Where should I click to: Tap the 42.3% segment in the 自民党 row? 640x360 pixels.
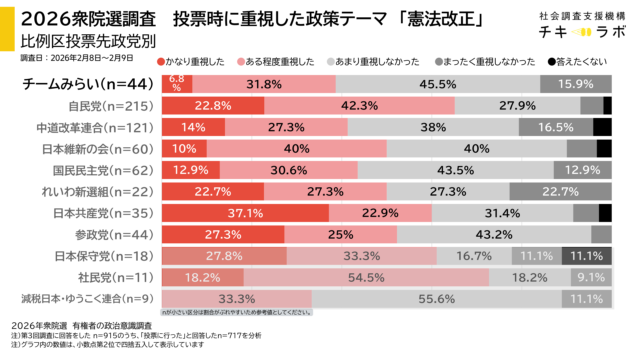click(x=358, y=105)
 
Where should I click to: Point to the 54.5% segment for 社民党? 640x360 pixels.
click(x=366, y=277)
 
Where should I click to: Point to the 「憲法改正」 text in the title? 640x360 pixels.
click(x=439, y=19)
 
